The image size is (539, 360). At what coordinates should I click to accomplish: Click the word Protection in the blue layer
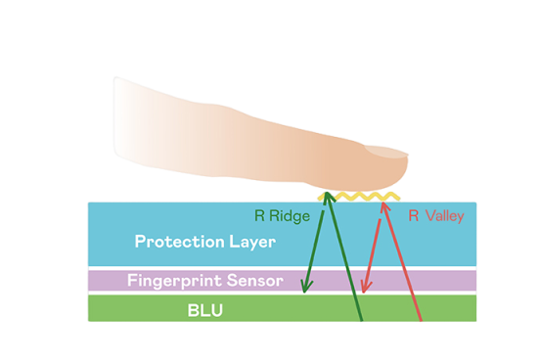pyautogui.click(x=179, y=242)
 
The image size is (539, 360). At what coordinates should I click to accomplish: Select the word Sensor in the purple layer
pyautogui.click(x=255, y=281)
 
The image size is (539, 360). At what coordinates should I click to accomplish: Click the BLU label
pyautogui.click(x=205, y=310)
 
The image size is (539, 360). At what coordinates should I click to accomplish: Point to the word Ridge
pyautogui.click(x=290, y=216)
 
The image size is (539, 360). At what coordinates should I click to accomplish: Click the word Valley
pyautogui.click(x=445, y=216)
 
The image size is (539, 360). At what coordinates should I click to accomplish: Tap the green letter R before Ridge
pyautogui.click(x=259, y=216)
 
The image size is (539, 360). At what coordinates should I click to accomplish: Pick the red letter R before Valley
pyautogui.click(x=413, y=215)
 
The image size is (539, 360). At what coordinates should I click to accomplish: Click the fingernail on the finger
pyautogui.click(x=385, y=152)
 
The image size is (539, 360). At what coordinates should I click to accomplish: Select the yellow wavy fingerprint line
pyautogui.click(x=359, y=197)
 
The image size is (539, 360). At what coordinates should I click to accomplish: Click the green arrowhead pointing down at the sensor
pyautogui.click(x=305, y=286)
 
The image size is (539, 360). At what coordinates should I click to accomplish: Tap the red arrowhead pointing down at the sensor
pyautogui.click(x=366, y=286)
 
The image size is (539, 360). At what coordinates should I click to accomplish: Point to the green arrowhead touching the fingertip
pyautogui.click(x=328, y=197)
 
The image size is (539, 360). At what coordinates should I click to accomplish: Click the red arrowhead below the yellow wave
pyautogui.click(x=384, y=205)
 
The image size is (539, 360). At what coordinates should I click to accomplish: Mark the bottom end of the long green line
pyautogui.click(x=361, y=321)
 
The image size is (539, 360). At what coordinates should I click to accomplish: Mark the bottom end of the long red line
pyautogui.click(x=421, y=321)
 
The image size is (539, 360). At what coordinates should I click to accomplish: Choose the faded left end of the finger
pyautogui.click(x=118, y=117)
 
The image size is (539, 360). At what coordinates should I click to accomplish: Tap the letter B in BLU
pyautogui.click(x=193, y=310)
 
